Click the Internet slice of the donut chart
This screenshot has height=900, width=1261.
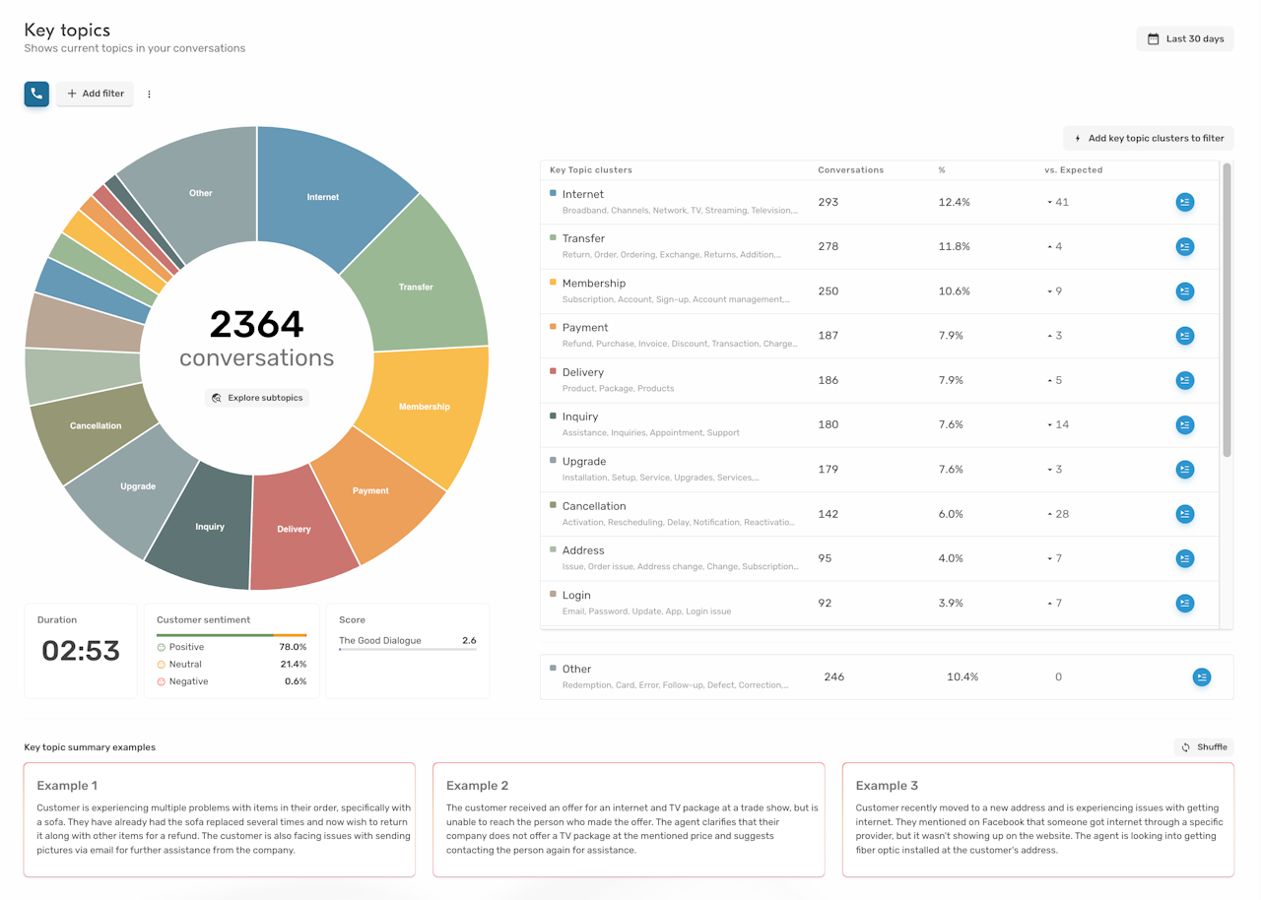pyautogui.click(x=323, y=197)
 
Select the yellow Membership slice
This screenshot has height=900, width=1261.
pyautogui.click(x=425, y=406)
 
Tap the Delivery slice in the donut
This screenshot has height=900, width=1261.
pyautogui.click(x=294, y=529)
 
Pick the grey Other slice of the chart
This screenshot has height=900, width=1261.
pyautogui.click(x=200, y=193)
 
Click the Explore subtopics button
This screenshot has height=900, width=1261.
pyautogui.click(x=257, y=398)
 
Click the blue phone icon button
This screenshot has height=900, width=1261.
pyautogui.click(x=36, y=94)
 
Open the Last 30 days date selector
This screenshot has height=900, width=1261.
pyautogui.click(x=1185, y=39)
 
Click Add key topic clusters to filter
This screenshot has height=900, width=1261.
pyautogui.click(x=1149, y=139)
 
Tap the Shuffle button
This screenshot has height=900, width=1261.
pyautogui.click(x=1204, y=747)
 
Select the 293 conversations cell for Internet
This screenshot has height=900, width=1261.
pyautogui.click(x=828, y=202)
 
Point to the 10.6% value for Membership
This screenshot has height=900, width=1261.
pyautogui.click(x=954, y=291)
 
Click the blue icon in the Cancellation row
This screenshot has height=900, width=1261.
pyautogui.click(x=1185, y=514)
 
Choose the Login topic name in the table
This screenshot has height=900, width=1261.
pyautogui.click(x=576, y=595)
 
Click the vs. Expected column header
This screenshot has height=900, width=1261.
pyautogui.click(x=1073, y=170)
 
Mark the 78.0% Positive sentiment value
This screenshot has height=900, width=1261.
pyautogui.click(x=293, y=647)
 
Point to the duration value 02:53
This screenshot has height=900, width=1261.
pyautogui.click(x=81, y=651)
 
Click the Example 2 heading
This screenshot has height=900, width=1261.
pyautogui.click(x=477, y=786)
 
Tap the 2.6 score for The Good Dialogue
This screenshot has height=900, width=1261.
pyautogui.click(x=469, y=641)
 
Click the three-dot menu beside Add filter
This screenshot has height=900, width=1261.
pyautogui.click(x=150, y=95)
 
